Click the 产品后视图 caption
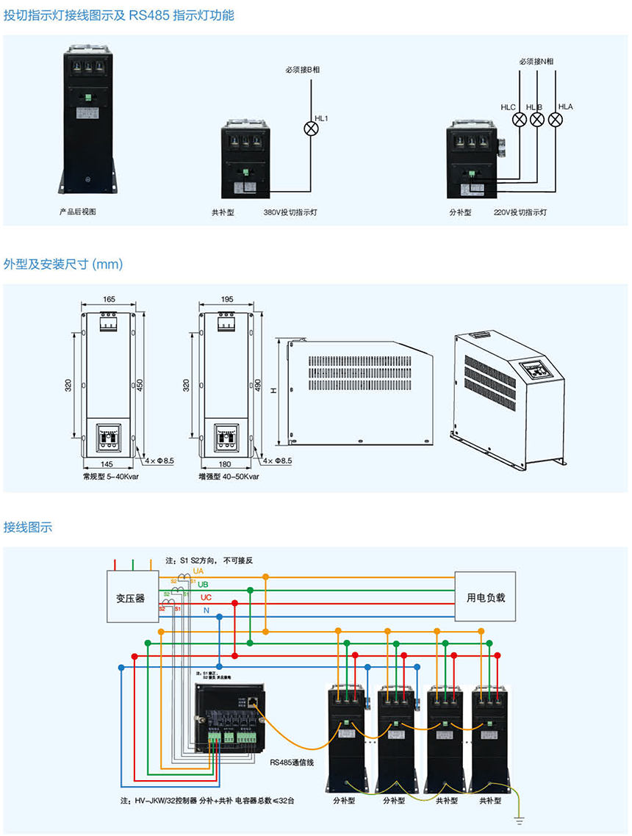tap(78, 212)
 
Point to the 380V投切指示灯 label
tap(290, 212)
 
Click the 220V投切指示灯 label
tap(520, 212)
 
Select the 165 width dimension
tap(109, 299)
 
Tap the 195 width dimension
tap(227, 299)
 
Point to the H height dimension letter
tap(273, 392)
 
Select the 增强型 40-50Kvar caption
tap(229, 477)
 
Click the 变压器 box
tap(130, 597)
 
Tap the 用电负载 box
tap(486, 597)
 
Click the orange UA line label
tap(198, 571)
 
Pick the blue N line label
tap(207, 611)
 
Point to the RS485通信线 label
tap(292, 763)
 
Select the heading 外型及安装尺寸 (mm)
tap(63, 263)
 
